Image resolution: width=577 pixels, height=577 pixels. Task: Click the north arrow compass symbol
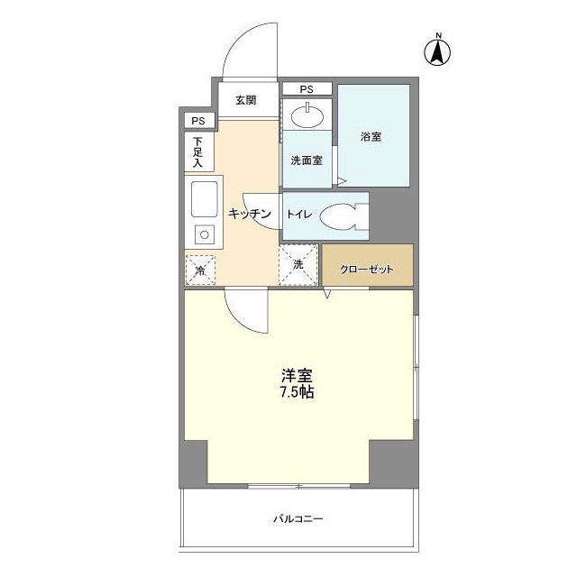point(437,50)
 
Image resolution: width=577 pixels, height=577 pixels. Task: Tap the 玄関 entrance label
point(246,100)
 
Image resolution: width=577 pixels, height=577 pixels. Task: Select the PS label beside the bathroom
point(307,89)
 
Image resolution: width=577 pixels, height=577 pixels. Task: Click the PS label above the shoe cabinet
point(197,121)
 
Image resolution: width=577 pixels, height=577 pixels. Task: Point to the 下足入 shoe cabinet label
point(198,152)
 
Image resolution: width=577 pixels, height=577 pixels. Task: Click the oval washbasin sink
point(307,116)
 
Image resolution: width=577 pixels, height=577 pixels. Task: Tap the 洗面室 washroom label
point(307,160)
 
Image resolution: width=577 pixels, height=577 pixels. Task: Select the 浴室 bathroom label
point(371,137)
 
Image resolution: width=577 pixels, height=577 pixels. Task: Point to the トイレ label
point(298,215)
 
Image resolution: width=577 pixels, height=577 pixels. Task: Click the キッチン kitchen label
point(250,214)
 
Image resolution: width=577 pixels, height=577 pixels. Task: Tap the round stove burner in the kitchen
point(205,234)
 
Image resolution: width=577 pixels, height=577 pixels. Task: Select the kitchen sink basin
point(205,199)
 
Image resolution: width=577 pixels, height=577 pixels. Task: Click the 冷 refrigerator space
point(200,270)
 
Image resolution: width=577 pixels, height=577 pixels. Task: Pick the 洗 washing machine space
point(298,264)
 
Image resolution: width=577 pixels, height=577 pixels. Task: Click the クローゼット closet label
point(367,270)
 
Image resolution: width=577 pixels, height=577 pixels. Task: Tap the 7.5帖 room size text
point(297,393)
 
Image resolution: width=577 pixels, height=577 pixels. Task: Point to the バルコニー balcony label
point(298,519)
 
